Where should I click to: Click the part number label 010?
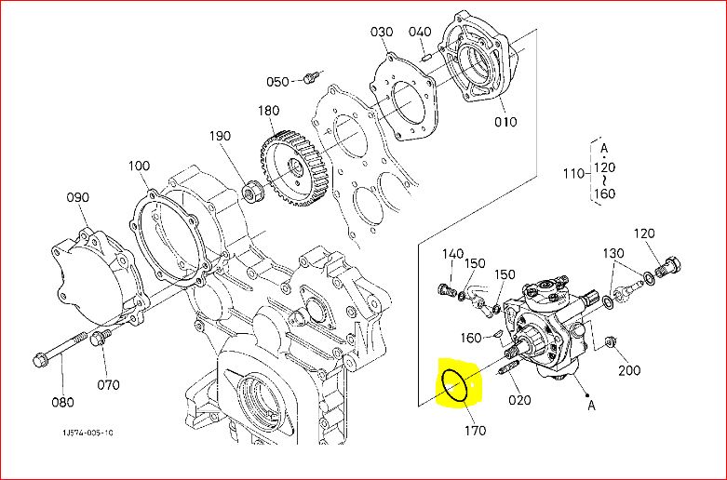pyautogui.click(x=505, y=122)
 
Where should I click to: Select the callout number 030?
pyautogui.click(x=382, y=32)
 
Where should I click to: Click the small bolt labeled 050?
pyautogui.click(x=310, y=78)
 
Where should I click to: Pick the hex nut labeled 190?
pyautogui.click(x=253, y=193)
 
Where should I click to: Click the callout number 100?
pyautogui.click(x=139, y=166)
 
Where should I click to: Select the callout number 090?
pyautogui.click(x=77, y=197)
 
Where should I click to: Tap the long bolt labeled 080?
pyautogui.click(x=60, y=347)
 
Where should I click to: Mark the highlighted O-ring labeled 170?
pyautogui.click(x=454, y=386)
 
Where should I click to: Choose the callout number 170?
pyautogui.click(x=476, y=431)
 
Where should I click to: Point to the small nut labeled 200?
pyautogui.click(x=611, y=342)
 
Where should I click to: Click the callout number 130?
pyautogui.click(x=613, y=253)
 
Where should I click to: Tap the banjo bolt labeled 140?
pyautogui.click(x=447, y=289)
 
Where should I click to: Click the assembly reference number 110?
pyautogui.click(x=573, y=174)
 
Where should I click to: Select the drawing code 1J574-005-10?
pyautogui.click(x=88, y=433)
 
